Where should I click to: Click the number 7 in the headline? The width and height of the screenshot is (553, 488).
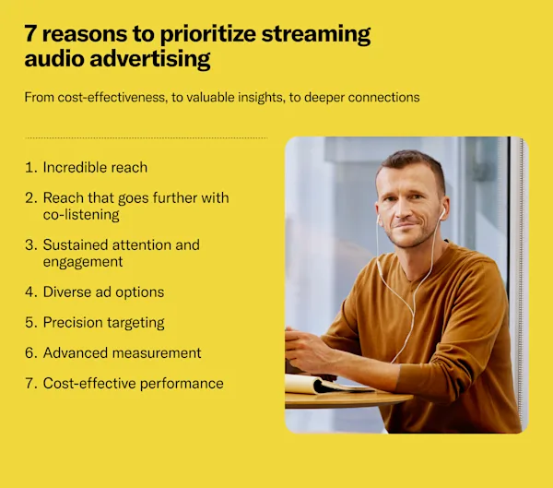pyautogui.click(x=32, y=35)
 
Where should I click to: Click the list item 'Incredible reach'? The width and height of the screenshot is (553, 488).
pyautogui.click(x=95, y=168)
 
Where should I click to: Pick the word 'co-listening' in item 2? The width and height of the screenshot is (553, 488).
pyautogui.click(x=80, y=214)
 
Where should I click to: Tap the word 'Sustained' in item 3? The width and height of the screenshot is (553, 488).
pyautogui.click(x=75, y=245)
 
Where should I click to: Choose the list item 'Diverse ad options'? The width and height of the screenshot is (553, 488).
pyautogui.click(x=103, y=292)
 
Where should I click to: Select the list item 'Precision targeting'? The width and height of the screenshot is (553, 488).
pyautogui.click(x=103, y=322)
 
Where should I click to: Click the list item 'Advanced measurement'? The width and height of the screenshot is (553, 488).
pyautogui.click(x=122, y=352)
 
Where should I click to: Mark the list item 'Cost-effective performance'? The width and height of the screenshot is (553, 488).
pyautogui.click(x=133, y=383)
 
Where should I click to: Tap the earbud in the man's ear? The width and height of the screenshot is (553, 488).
pyautogui.click(x=441, y=211)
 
